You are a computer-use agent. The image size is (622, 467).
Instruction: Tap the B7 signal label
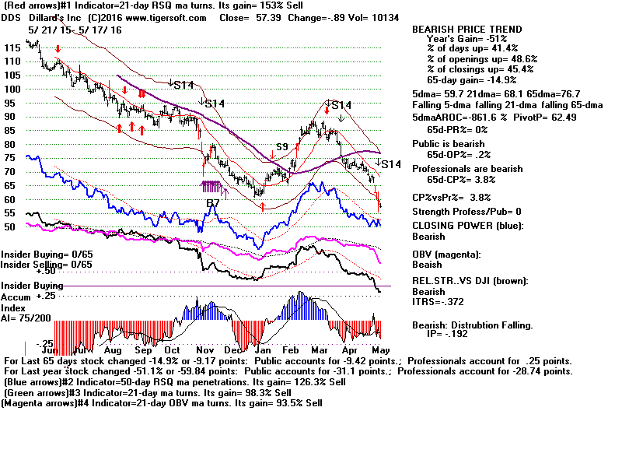click(213, 203)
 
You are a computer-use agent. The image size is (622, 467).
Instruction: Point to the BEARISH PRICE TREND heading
click(467, 30)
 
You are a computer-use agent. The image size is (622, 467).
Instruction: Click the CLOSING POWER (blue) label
click(467, 226)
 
